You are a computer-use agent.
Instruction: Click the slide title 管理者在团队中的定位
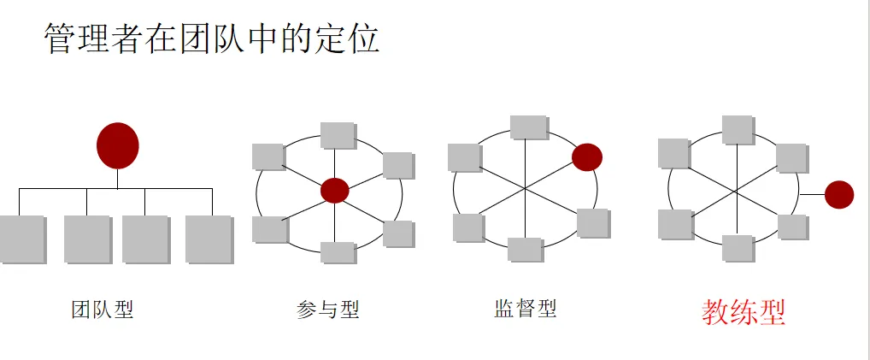[211, 39]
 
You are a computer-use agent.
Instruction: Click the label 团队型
[103, 309]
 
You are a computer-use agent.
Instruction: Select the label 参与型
[328, 309]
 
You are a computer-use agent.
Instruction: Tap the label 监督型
[525, 308]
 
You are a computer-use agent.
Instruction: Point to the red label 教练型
[743, 312]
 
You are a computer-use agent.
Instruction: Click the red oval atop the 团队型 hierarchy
[117, 145]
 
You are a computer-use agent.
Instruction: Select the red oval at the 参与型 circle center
[335, 191]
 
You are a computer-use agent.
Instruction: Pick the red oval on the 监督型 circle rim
[587, 156]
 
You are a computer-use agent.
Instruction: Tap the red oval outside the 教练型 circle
[838, 195]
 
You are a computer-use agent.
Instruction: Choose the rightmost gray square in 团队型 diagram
[209, 239]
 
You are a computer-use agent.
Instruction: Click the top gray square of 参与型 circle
[338, 135]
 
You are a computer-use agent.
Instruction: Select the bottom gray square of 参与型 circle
[338, 252]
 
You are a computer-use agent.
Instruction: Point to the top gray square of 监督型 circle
[529, 127]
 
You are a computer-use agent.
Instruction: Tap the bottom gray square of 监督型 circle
[525, 249]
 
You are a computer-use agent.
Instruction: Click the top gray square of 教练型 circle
[738, 129]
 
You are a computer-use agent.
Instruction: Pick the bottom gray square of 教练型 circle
[737, 247]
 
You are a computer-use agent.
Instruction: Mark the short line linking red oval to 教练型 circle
[812, 195]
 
